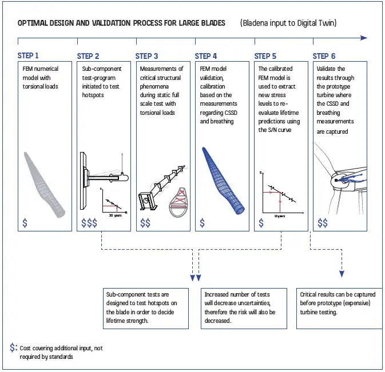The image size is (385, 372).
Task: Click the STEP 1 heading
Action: pos(28,56)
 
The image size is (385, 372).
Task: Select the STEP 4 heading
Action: pos(205,56)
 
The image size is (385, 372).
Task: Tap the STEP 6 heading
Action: pos(324,56)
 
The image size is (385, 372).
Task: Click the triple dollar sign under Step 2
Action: pos(89,222)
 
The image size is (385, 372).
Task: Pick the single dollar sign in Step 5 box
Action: pos(261,222)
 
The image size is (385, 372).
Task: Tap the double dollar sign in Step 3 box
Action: pos(145,222)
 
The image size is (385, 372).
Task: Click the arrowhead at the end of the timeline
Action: pos(364,38)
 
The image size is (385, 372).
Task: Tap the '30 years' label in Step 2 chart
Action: pos(116,215)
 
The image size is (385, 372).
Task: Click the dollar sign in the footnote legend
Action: pos(13,347)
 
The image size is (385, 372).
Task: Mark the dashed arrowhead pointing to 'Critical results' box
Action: pos(342,274)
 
